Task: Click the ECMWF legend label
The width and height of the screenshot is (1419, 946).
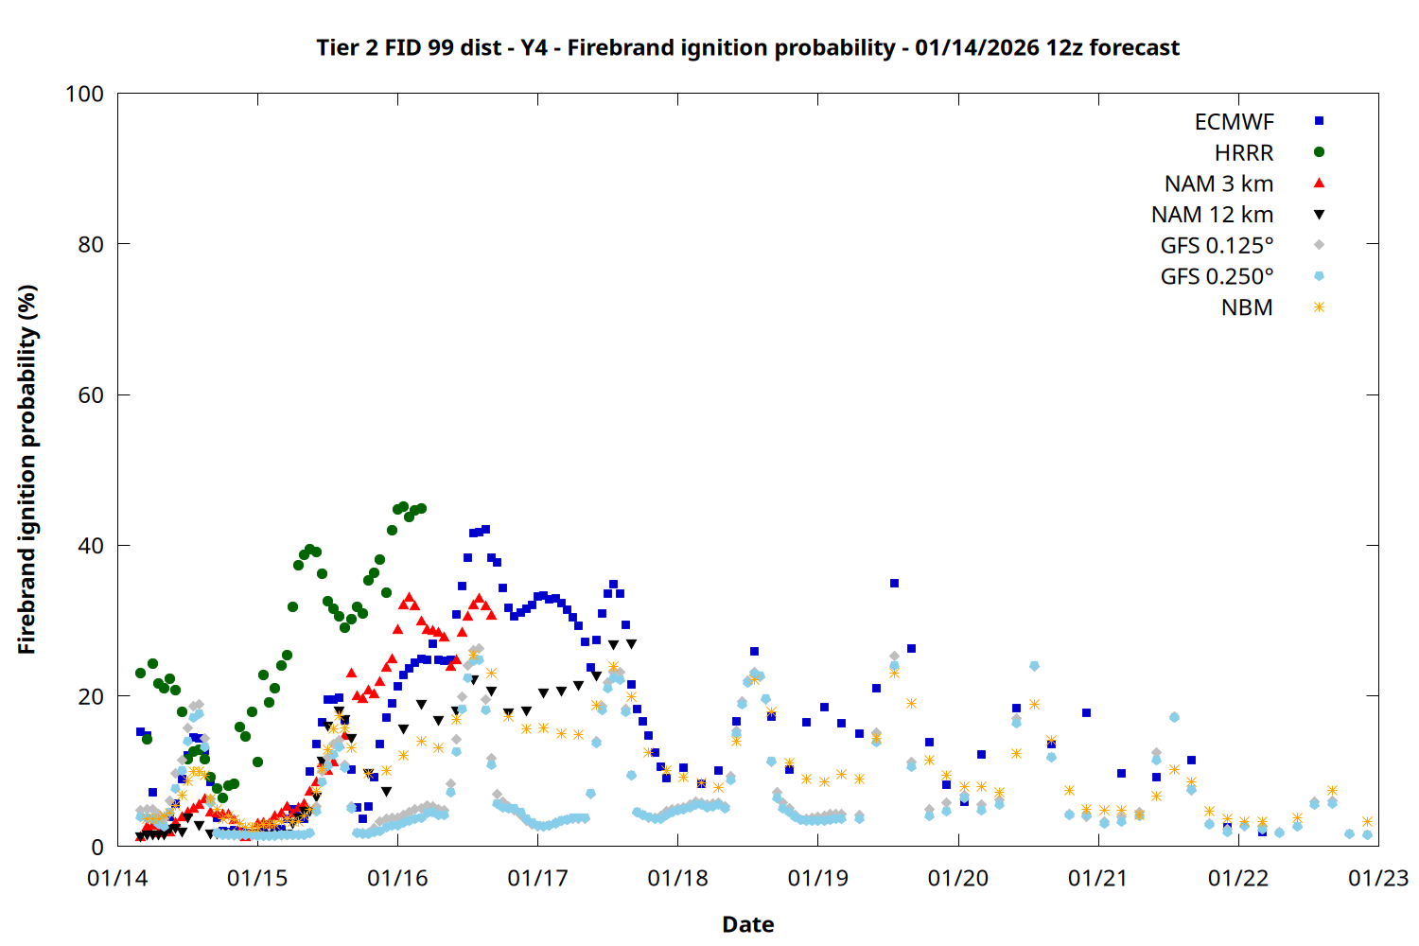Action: [x=1234, y=122]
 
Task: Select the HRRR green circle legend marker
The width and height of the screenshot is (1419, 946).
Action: [x=1319, y=152]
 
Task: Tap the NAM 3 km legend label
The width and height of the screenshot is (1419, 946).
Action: [x=1218, y=184]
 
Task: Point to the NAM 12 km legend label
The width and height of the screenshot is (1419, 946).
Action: [x=1212, y=215]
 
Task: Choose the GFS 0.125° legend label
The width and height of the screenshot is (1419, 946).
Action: [x=1217, y=246]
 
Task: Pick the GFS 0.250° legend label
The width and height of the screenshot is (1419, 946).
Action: [x=1217, y=277]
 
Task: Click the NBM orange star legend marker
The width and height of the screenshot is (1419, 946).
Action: [x=1319, y=307]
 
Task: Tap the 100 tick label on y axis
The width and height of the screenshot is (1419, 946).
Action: [x=84, y=94]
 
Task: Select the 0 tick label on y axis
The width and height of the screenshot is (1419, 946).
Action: [x=96, y=848]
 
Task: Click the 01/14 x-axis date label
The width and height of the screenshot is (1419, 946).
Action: [x=117, y=879]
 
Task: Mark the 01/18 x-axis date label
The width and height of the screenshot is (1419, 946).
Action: [x=677, y=879]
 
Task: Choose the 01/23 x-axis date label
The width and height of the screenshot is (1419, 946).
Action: [x=1378, y=879]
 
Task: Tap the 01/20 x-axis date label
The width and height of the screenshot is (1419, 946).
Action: [x=958, y=879]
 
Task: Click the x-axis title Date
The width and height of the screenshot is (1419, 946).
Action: [x=747, y=924]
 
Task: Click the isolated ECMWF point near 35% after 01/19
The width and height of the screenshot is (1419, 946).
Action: [x=894, y=584]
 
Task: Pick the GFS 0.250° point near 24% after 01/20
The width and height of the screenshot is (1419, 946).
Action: [x=1034, y=666]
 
